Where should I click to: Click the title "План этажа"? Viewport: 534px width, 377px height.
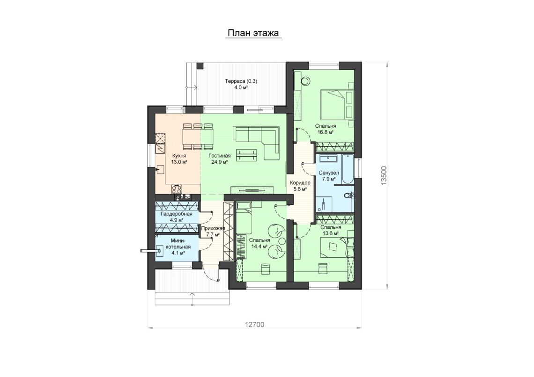point(253,33)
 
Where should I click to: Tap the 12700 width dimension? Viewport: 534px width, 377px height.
point(254,325)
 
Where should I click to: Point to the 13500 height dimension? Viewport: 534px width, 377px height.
point(384,175)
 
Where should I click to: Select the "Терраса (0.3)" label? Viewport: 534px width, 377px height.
point(241,81)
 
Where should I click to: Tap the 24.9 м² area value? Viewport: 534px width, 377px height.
point(219,162)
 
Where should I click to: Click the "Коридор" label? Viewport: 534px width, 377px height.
point(300,183)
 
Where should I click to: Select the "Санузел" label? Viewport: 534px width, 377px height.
point(329,173)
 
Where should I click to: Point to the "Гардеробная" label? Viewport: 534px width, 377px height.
point(177,214)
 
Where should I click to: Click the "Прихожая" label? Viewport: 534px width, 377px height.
point(213,229)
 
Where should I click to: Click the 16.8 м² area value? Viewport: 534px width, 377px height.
point(325,132)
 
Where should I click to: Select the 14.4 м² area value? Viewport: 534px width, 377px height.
point(259,246)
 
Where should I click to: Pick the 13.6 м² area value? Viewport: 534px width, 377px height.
point(330,233)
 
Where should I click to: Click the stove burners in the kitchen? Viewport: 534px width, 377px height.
point(177,188)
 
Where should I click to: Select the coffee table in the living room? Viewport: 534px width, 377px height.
point(246,155)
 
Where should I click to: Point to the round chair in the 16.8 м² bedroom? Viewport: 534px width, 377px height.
point(306,80)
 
